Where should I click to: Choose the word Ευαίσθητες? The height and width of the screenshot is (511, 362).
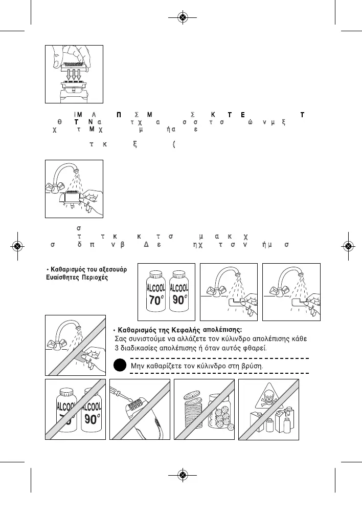(x=57, y=278)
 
